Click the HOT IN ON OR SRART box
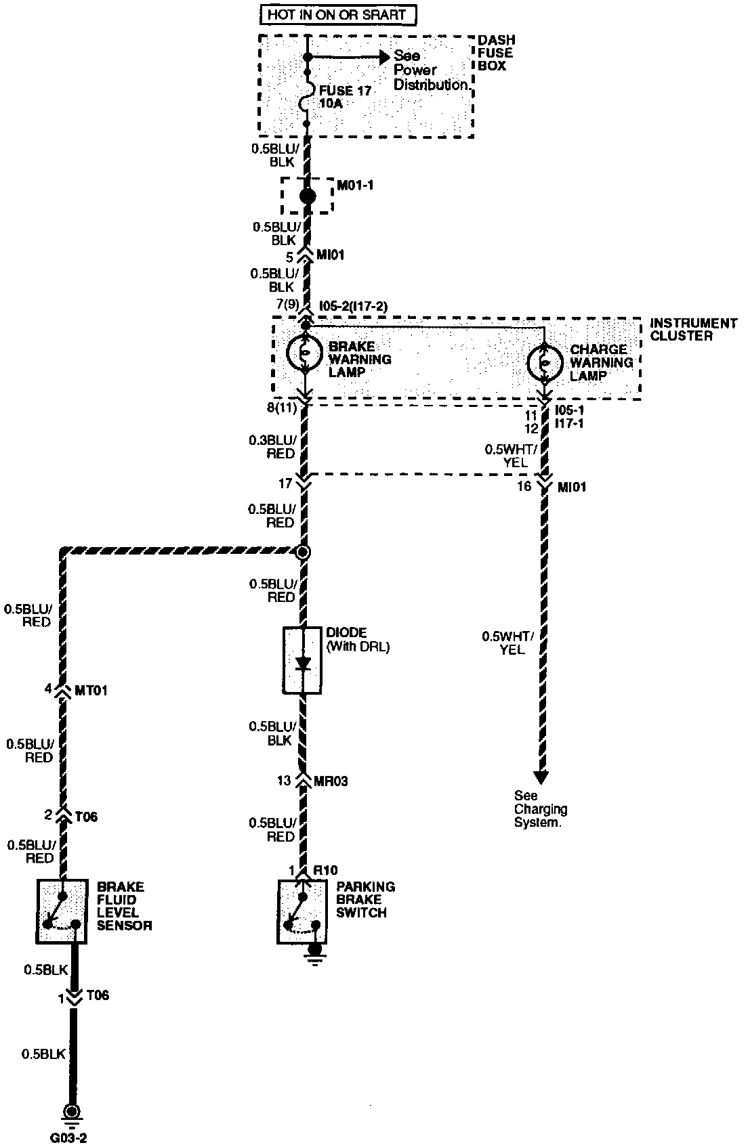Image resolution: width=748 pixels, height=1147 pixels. tap(338, 14)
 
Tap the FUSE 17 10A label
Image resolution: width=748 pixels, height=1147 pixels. tap(345, 97)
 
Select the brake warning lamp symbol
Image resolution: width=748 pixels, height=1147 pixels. tap(305, 353)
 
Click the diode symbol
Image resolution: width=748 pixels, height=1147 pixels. tap(303, 660)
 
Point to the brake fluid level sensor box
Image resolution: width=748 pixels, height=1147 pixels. tap(62, 911)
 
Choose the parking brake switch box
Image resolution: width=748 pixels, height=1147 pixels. tap(302, 911)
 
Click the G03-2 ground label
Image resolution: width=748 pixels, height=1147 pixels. tap(68, 1138)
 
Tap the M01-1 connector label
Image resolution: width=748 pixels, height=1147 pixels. tap(356, 184)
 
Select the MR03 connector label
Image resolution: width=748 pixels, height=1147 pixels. tap(331, 781)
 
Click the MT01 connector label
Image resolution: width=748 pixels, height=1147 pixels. tap(90, 690)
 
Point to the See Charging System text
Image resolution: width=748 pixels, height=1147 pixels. tap(541, 809)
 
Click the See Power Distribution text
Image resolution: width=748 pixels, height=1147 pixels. tap(431, 70)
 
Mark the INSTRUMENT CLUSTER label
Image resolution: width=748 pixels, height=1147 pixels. tap(692, 330)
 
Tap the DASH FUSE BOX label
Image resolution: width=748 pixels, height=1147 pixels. tap(495, 53)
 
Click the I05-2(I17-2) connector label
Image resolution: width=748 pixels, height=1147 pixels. tap(353, 306)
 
